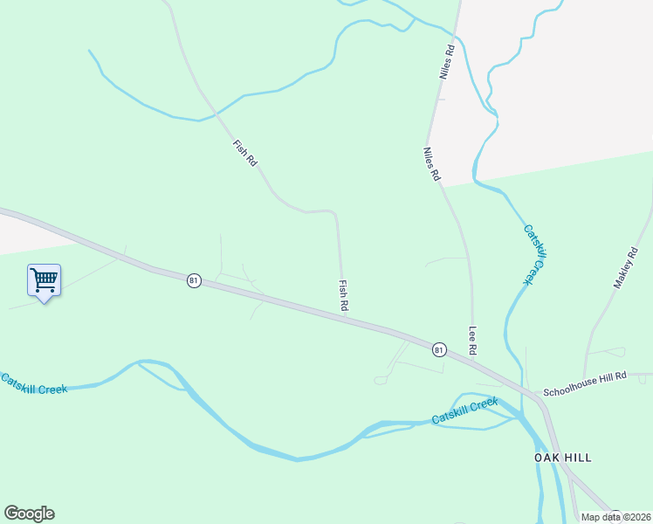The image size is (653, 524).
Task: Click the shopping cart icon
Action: point(44,280)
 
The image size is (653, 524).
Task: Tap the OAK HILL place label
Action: point(563,458)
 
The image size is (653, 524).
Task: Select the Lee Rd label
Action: point(472,340)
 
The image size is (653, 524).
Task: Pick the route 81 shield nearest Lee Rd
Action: point(439,349)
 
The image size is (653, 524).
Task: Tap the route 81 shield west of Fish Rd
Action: point(194,280)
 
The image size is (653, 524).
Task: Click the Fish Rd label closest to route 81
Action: point(343,296)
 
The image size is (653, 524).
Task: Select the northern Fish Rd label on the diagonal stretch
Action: point(245,154)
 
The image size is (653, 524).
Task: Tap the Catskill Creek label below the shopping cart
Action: point(33,383)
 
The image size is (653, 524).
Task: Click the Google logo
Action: point(29,514)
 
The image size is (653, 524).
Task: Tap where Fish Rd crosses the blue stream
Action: point(216,114)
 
